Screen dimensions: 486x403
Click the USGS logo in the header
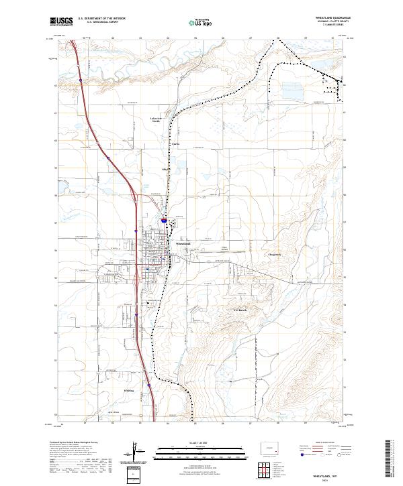click(x=61, y=21)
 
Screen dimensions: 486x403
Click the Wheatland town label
click(x=183, y=243)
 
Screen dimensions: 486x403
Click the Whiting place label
click(x=129, y=389)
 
